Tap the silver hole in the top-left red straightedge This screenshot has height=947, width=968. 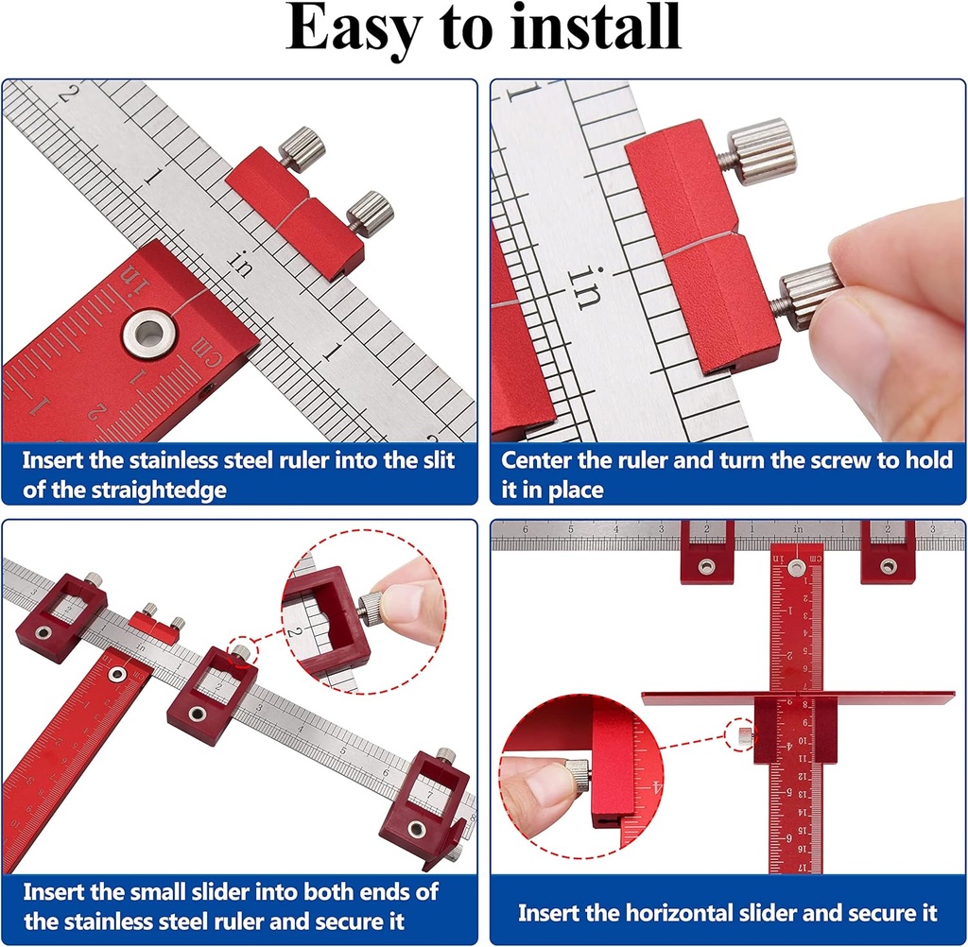(148, 336)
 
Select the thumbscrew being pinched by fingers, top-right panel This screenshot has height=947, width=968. (808, 295)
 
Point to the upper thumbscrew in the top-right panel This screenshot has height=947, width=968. (760, 150)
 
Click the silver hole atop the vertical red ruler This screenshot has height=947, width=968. (797, 567)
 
